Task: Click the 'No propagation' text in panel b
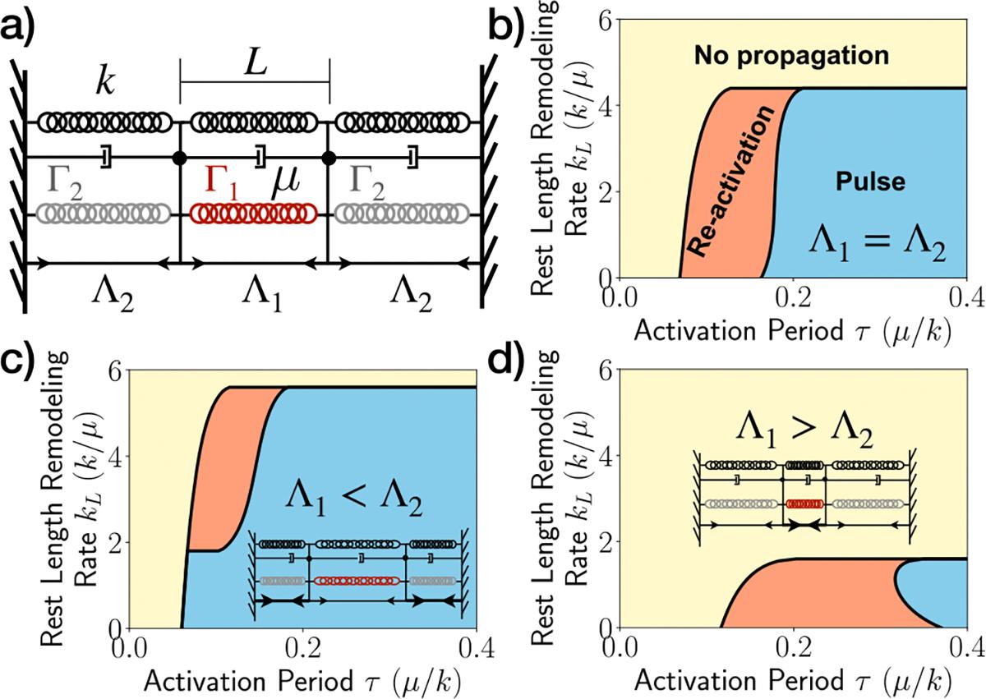click(791, 56)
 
